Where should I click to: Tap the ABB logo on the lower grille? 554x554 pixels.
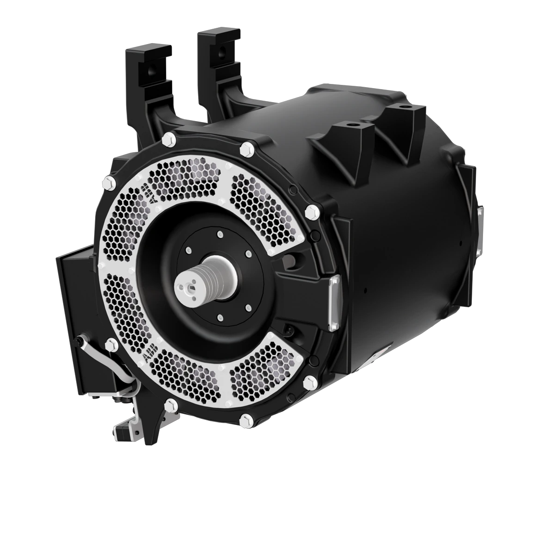(148, 356)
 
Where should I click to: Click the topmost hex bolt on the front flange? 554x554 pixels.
(169, 138)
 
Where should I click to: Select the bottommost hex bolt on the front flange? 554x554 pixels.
(244, 421)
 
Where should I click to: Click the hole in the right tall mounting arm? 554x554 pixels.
(222, 48)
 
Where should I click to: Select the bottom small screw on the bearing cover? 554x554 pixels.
(219, 318)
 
